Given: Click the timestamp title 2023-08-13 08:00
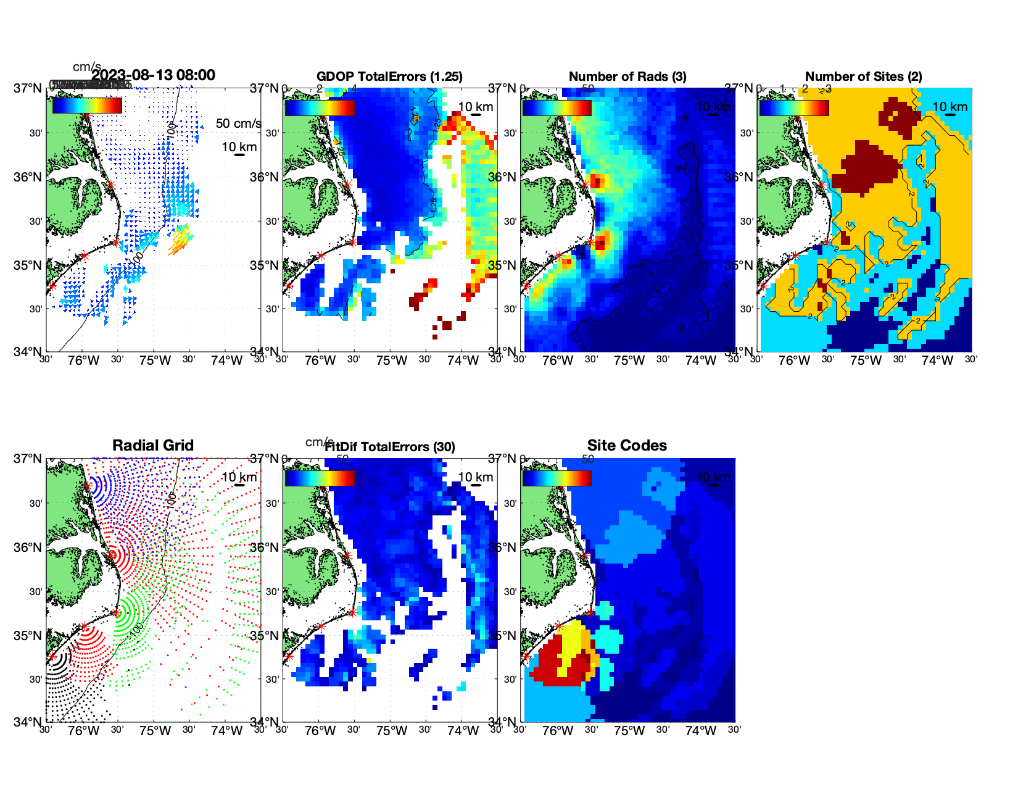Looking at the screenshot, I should coord(153,75).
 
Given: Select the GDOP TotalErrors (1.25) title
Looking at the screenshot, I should coord(389,77).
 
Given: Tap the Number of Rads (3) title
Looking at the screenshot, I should coord(627,77).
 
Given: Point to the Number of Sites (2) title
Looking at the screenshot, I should coord(863,77).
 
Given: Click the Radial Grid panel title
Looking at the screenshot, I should coord(153,446).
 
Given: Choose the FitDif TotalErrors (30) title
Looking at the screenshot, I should coord(390,447).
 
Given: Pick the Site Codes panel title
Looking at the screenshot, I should coord(627,446).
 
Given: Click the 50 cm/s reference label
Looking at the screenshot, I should coord(238,123).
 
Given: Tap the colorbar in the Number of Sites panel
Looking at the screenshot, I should coord(794,107).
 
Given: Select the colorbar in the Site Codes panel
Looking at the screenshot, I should coord(557,478).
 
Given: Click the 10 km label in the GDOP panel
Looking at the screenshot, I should coord(476,107).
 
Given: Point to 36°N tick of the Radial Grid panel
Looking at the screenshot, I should coord(28,548).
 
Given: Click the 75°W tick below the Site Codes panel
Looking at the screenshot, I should coord(629,731).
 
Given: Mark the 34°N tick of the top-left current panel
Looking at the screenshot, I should coord(28,352).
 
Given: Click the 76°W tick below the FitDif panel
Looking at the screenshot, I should coord(320,731).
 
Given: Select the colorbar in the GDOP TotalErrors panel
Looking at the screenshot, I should coord(320,107).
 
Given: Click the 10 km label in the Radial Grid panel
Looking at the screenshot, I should coord(239,477).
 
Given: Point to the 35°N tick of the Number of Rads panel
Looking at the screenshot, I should coord(502,265).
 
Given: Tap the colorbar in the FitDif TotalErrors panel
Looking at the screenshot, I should coord(320,478).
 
